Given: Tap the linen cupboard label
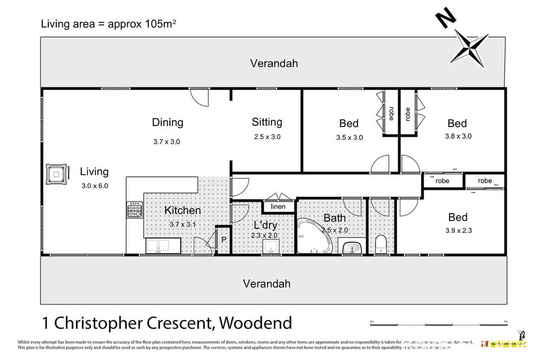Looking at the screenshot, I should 279,206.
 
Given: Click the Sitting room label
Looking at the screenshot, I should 267,122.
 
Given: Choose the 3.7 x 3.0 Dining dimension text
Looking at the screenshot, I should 166,142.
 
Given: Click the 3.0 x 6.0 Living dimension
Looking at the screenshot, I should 94,185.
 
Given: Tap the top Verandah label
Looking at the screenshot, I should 274,63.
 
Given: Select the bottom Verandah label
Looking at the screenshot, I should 266,283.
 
